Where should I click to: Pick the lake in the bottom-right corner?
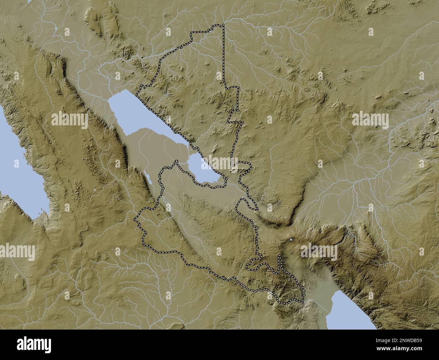[x=351, y=311]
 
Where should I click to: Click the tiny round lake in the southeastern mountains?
[x=291, y=240]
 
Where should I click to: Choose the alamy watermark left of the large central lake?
[x=69, y=119]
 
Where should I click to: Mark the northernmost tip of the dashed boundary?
[x=223, y=25]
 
